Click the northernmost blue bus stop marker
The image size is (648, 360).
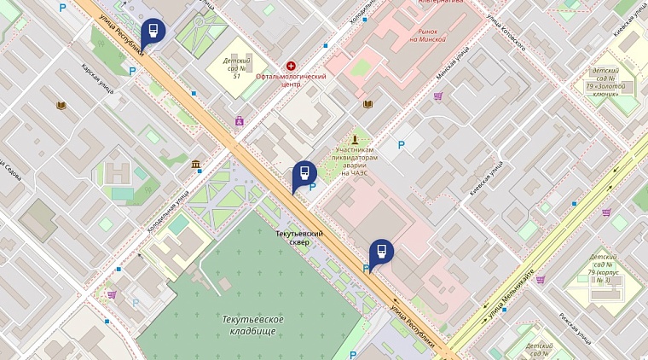click(153, 32)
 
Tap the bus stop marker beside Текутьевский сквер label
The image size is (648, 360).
click(304, 174)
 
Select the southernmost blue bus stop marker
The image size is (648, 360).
click(381, 252)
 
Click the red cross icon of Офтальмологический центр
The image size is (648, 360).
click(292, 66)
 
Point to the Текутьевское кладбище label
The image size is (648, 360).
click(252, 324)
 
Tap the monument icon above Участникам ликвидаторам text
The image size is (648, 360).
click(356, 137)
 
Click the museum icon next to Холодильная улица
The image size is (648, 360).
click(196, 163)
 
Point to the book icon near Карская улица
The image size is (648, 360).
click(61, 105)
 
